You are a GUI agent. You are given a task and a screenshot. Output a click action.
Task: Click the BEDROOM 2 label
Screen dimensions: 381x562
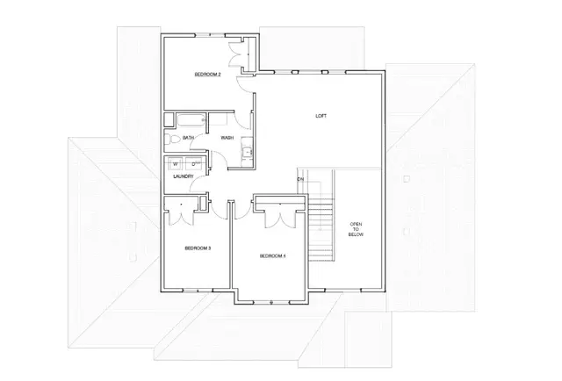point(206,75)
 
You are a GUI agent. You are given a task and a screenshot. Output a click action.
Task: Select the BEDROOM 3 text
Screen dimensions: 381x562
point(198,248)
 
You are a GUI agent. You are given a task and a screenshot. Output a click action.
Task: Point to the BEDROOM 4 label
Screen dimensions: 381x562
point(272,255)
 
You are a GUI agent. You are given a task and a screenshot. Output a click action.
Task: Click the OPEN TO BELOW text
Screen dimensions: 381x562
point(356,229)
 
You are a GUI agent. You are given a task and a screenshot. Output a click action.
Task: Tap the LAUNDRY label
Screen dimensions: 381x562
point(183,176)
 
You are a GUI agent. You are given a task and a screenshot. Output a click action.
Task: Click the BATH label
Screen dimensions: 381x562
point(188,138)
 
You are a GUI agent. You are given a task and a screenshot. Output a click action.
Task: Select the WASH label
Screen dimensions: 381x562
point(227,138)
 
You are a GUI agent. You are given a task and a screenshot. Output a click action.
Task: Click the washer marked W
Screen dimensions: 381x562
point(175,162)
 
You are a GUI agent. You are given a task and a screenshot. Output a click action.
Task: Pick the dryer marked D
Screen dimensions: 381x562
point(193,162)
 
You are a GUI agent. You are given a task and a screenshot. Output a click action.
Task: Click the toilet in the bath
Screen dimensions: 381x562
point(174,139)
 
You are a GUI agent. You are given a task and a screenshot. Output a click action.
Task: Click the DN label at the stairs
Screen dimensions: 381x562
point(300,179)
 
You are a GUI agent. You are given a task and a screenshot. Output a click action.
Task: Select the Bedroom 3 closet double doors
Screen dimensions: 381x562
point(182,208)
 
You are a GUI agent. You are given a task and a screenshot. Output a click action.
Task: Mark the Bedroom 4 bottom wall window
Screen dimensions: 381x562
point(272,302)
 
